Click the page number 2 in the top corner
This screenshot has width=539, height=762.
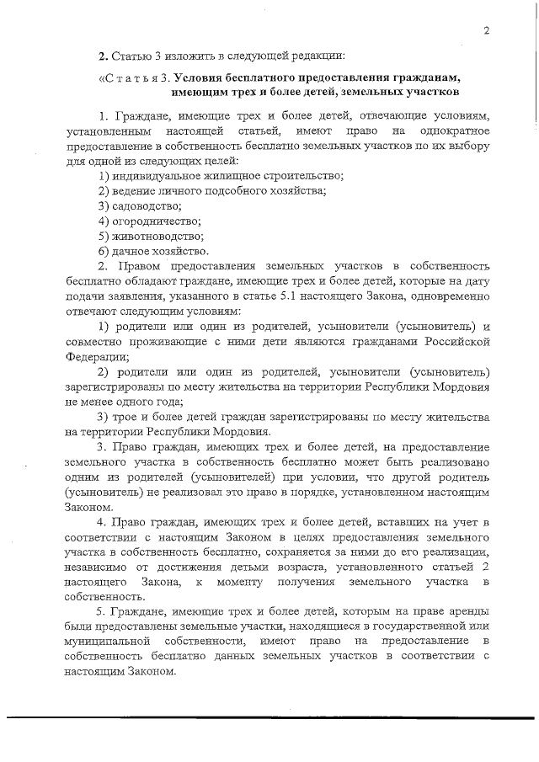487,31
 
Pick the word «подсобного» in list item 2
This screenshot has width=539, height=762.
223,190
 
